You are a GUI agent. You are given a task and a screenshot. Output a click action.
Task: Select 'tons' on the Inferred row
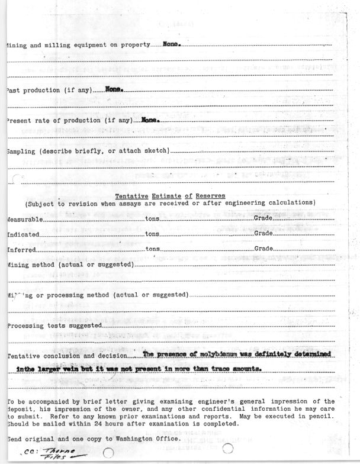point(153,249)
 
